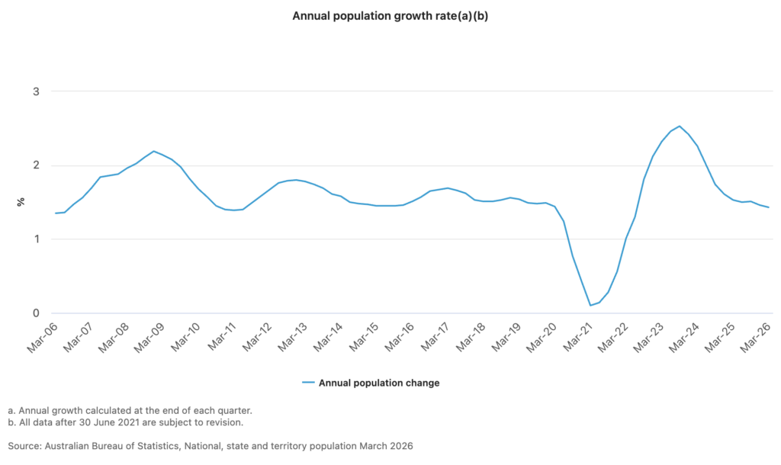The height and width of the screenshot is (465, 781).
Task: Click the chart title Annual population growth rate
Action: (x=390, y=16)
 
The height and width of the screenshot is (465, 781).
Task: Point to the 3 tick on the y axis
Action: (x=36, y=91)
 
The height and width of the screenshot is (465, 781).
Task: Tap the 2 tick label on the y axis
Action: (x=36, y=165)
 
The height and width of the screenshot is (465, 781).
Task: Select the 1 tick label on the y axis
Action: (x=37, y=239)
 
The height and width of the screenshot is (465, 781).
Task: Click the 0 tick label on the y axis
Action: (x=36, y=313)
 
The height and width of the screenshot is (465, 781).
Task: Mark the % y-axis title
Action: (x=21, y=202)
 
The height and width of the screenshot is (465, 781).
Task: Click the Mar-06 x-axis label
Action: (x=43, y=337)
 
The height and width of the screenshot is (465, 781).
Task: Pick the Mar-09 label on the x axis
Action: (x=149, y=337)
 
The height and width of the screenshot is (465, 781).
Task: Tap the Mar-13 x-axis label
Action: (x=292, y=337)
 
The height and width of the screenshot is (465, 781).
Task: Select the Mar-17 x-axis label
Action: (x=435, y=337)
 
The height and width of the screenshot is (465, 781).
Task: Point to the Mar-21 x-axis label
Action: (x=578, y=337)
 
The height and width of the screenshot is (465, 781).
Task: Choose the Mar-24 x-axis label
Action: (x=684, y=337)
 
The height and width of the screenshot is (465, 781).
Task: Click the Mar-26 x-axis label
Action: (x=756, y=337)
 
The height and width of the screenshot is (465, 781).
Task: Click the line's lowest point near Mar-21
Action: (x=590, y=305)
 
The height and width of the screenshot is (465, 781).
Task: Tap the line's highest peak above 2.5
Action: (x=680, y=126)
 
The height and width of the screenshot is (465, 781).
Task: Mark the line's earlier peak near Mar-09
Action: (x=153, y=151)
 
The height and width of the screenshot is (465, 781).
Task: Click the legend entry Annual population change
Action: (x=379, y=383)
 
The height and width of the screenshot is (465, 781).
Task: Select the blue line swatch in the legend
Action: (x=308, y=383)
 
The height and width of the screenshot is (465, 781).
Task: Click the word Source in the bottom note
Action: (x=24, y=446)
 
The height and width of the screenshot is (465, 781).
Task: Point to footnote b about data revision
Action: (x=126, y=422)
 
